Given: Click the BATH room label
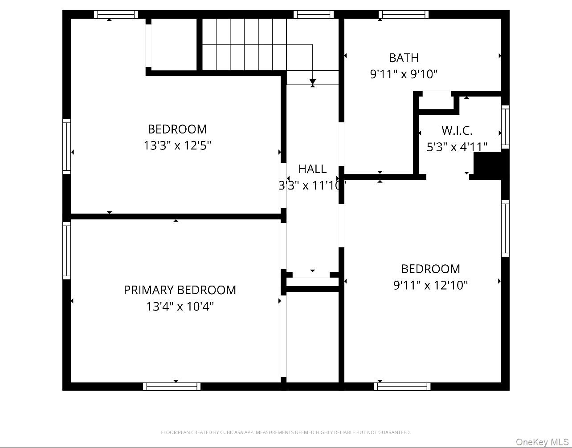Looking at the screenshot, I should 404,58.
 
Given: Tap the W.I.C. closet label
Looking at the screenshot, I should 457,131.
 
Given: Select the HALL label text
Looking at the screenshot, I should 312,169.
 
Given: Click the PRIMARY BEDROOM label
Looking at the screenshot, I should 180,290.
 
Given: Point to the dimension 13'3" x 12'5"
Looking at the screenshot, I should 177,145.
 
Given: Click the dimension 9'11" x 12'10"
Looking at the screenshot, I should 430,285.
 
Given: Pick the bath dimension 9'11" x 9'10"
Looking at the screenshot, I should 404,74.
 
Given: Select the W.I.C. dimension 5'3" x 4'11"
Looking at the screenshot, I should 457,147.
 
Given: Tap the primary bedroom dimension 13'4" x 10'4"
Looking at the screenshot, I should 180,307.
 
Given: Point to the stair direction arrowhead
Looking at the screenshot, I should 313,82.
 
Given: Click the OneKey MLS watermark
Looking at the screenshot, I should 542,442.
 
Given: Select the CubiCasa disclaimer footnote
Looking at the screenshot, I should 286,432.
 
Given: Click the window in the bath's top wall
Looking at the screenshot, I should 404,15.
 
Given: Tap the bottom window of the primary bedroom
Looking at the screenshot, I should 172,386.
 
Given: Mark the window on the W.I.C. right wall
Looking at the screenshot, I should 505,127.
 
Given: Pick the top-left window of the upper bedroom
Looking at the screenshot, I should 116,15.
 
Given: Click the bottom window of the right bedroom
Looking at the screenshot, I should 402,386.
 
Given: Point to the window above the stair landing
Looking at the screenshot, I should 314,15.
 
